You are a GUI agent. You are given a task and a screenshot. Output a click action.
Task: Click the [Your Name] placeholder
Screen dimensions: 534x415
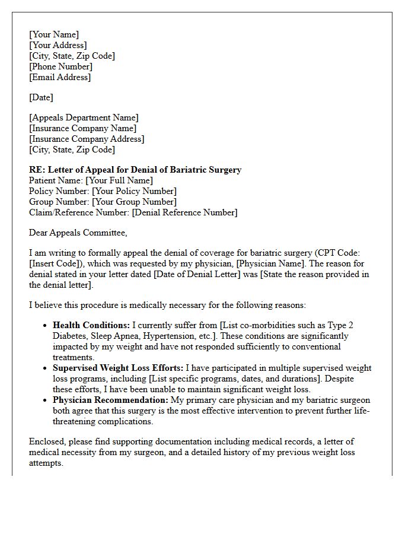click(54, 34)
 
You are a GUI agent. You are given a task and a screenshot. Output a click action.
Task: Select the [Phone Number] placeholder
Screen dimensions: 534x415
click(60, 66)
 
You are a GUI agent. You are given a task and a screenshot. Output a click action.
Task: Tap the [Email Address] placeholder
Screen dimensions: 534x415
click(60, 77)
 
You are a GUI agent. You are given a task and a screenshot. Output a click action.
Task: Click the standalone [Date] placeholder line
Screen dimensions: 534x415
click(41, 97)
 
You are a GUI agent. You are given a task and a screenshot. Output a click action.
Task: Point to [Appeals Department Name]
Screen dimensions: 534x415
click(84, 117)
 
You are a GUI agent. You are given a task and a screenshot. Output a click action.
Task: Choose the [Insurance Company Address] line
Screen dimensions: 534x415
click(87, 139)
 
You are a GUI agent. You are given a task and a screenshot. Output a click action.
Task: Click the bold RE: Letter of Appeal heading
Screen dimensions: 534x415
click(135, 170)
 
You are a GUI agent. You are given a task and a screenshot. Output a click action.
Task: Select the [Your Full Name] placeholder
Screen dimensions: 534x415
click(119, 180)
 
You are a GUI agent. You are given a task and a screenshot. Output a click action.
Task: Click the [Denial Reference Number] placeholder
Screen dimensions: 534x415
click(184, 212)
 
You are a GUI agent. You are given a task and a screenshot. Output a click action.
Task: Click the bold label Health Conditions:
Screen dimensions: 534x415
click(91, 325)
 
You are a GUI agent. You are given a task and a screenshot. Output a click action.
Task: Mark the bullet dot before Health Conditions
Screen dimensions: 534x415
click(46, 326)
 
